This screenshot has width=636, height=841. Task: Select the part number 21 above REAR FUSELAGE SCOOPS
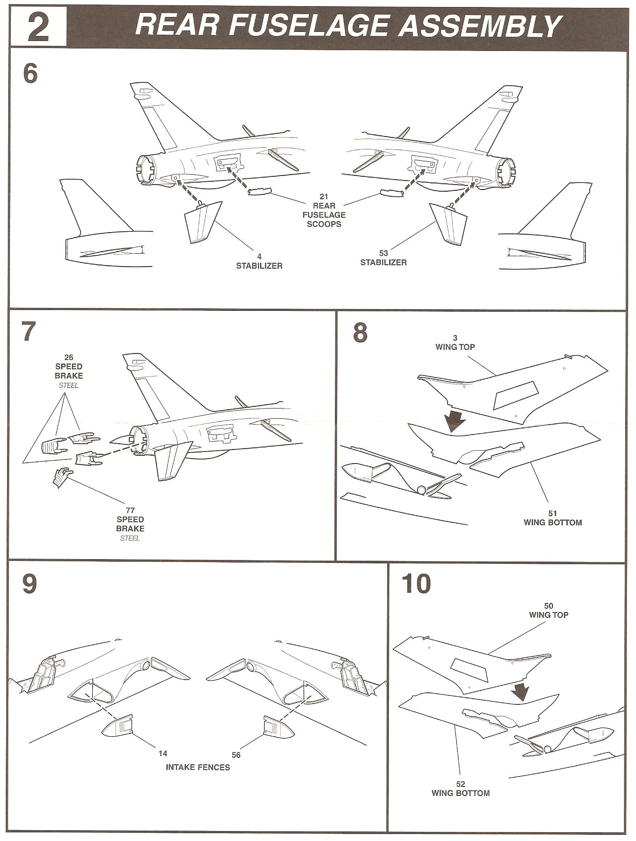point(324,196)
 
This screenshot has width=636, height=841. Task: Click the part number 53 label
point(383,253)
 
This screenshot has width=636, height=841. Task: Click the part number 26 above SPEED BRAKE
point(69,357)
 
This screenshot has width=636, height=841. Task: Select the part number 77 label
point(130,511)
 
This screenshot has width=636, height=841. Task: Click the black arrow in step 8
point(455,423)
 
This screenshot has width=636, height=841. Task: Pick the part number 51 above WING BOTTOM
point(552,514)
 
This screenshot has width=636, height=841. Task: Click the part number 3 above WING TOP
point(455,338)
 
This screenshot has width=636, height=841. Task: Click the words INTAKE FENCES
point(198,767)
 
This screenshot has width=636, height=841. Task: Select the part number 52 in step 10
point(460,784)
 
